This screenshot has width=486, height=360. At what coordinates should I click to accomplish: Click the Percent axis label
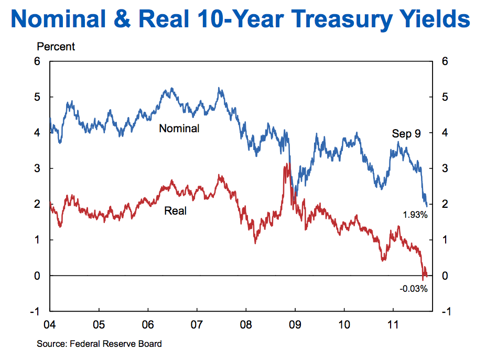[56, 47]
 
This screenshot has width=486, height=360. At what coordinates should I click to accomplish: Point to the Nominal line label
[179, 128]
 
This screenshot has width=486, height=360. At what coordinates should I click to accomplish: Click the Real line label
[175, 211]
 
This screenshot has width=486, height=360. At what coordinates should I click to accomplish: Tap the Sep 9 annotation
[406, 134]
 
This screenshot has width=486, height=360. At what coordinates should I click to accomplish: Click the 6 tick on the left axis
[37, 61]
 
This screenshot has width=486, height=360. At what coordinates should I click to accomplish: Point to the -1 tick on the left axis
[36, 311]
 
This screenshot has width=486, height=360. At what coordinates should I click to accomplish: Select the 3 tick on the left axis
[37, 168]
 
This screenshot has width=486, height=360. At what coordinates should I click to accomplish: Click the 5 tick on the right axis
[445, 97]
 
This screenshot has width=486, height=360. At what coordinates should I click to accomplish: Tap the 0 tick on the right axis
[445, 276]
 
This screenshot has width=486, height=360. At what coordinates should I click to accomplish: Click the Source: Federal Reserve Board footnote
[99, 344]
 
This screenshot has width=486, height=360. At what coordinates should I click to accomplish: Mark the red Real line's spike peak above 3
[286, 165]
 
